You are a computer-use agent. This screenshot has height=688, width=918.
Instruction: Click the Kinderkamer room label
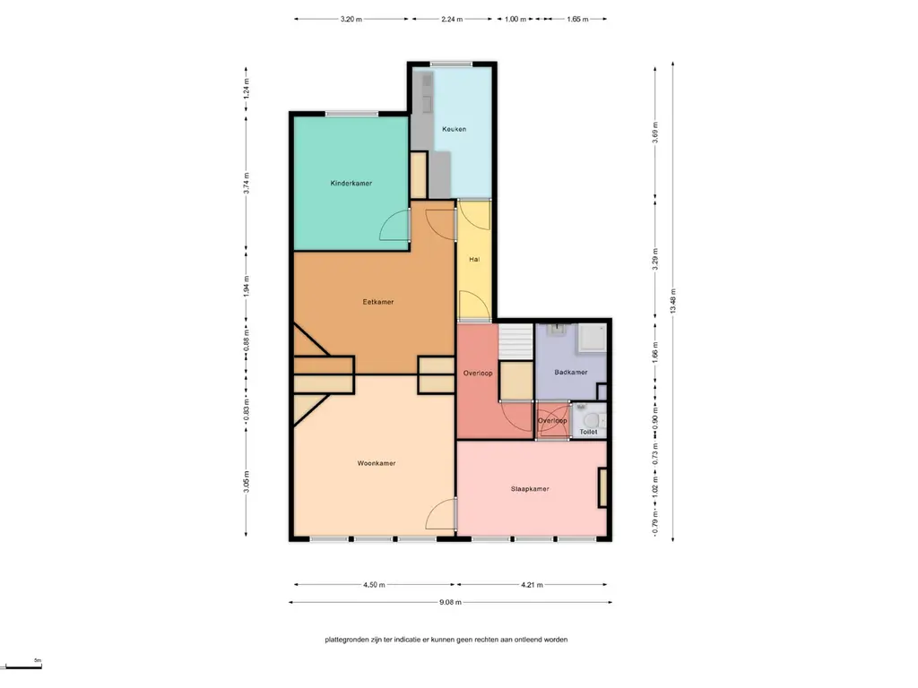click(x=351, y=183)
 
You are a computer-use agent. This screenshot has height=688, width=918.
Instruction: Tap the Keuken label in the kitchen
click(x=455, y=129)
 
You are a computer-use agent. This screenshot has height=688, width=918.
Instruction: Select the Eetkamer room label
click(x=378, y=302)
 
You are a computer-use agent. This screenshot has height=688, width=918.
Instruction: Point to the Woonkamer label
click(x=377, y=463)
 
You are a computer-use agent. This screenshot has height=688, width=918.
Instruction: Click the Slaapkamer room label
click(x=530, y=489)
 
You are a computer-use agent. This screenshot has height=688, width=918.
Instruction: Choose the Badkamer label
click(x=571, y=372)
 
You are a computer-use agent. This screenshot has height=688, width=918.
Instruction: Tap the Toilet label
click(x=588, y=432)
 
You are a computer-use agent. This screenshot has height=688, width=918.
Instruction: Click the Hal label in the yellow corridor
click(x=474, y=259)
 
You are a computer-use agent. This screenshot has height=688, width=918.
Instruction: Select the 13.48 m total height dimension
click(x=672, y=301)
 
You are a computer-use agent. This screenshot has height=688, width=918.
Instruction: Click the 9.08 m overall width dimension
click(x=450, y=602)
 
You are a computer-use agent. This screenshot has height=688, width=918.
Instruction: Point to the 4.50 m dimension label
click(x=374, y=584)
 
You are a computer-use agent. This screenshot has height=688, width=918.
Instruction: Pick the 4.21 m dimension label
click(x=532, y=584)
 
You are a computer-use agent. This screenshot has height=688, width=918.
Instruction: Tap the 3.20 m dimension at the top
click(x=351, y=19)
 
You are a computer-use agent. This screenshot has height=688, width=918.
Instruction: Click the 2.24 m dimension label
click(x=452, y=19)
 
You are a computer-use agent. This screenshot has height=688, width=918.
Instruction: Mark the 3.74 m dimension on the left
click(x=246, y=183)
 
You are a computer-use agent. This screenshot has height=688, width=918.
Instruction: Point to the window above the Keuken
click(x=452, y=64)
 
